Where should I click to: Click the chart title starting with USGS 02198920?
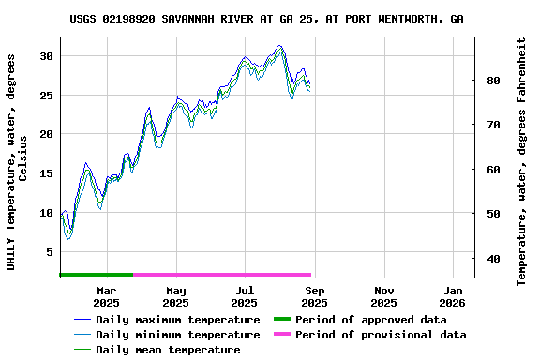[x=266, y=19]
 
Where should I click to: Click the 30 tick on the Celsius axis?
[x=46, y=56]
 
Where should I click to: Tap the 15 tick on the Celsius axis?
[x=46, y=173]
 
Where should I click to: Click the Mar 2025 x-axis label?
[x=106, y=296]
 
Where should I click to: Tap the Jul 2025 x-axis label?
[x=245, y=296]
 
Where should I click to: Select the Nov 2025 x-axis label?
[x=383, y=296]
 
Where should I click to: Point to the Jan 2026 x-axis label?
[x=453, y=296]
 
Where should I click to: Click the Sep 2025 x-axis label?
[x=314, y=296]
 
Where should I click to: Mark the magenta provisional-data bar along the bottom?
[x=221, y=275]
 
